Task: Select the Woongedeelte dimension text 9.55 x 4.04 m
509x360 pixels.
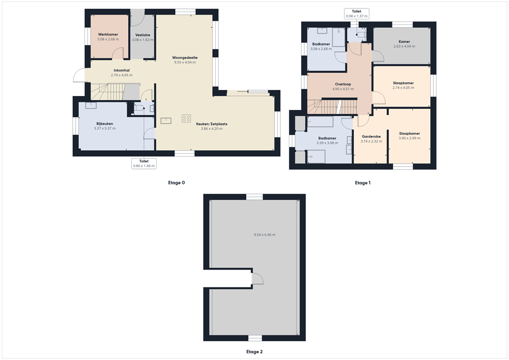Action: click(x=185, y=63)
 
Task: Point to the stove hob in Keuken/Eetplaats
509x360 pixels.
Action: click(x=186, y=118)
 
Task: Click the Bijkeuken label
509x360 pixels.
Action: click(x=104, y=123)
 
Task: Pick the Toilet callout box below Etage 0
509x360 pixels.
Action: click(x=144, y=163)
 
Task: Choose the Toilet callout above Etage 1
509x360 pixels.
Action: click(x=356, y=13)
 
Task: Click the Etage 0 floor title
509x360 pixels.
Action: click(x=176, y=183)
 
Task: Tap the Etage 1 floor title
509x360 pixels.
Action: click(x=362, y=183)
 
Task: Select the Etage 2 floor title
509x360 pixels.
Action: click(x=254, y=352)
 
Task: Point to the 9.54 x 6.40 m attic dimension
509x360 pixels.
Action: click(x=264, y=235)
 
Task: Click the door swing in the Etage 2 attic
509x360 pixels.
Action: click(x=257, y=278)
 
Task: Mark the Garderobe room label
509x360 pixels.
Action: click(x=371, y=136)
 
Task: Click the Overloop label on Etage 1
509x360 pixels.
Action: click(x=343, y=84)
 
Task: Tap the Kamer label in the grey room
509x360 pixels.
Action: click(x=404, y=41)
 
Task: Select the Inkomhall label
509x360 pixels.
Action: click(x=121, y=70)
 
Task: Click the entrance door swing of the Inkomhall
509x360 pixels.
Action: click(x=79, y=76)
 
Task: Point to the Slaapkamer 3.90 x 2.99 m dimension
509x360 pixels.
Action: click(x=410, y=138)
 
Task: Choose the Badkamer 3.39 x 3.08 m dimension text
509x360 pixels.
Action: click(x=327, y=143)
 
